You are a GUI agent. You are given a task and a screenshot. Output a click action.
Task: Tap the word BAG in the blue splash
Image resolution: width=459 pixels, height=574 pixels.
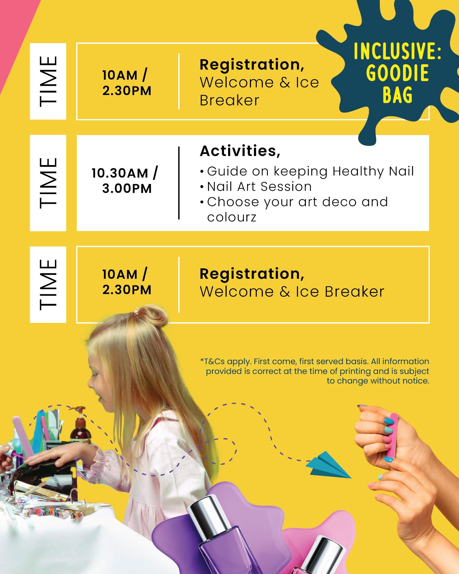[x=398, y=95]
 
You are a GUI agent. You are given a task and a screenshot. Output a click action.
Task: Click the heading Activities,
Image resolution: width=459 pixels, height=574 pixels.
[x=240, y=151]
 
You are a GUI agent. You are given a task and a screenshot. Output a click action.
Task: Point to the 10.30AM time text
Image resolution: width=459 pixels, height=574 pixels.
[x=124, y=173]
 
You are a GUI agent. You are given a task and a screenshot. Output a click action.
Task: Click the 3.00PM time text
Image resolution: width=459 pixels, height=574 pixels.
[x=127, y=189]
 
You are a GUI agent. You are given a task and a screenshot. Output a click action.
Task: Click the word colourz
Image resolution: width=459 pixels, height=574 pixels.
[x=232, y=217]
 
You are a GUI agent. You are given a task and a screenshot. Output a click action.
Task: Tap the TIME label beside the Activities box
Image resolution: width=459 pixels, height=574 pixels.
[x=48, y=183]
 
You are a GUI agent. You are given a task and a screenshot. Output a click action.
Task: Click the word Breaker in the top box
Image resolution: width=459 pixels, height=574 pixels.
[x=229, y=100]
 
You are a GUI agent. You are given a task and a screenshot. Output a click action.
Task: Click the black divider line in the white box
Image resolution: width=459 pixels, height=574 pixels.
[x=179, y=183]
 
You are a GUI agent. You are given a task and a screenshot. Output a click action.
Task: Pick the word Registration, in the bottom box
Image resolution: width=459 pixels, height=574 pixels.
[x=252, y=274]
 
